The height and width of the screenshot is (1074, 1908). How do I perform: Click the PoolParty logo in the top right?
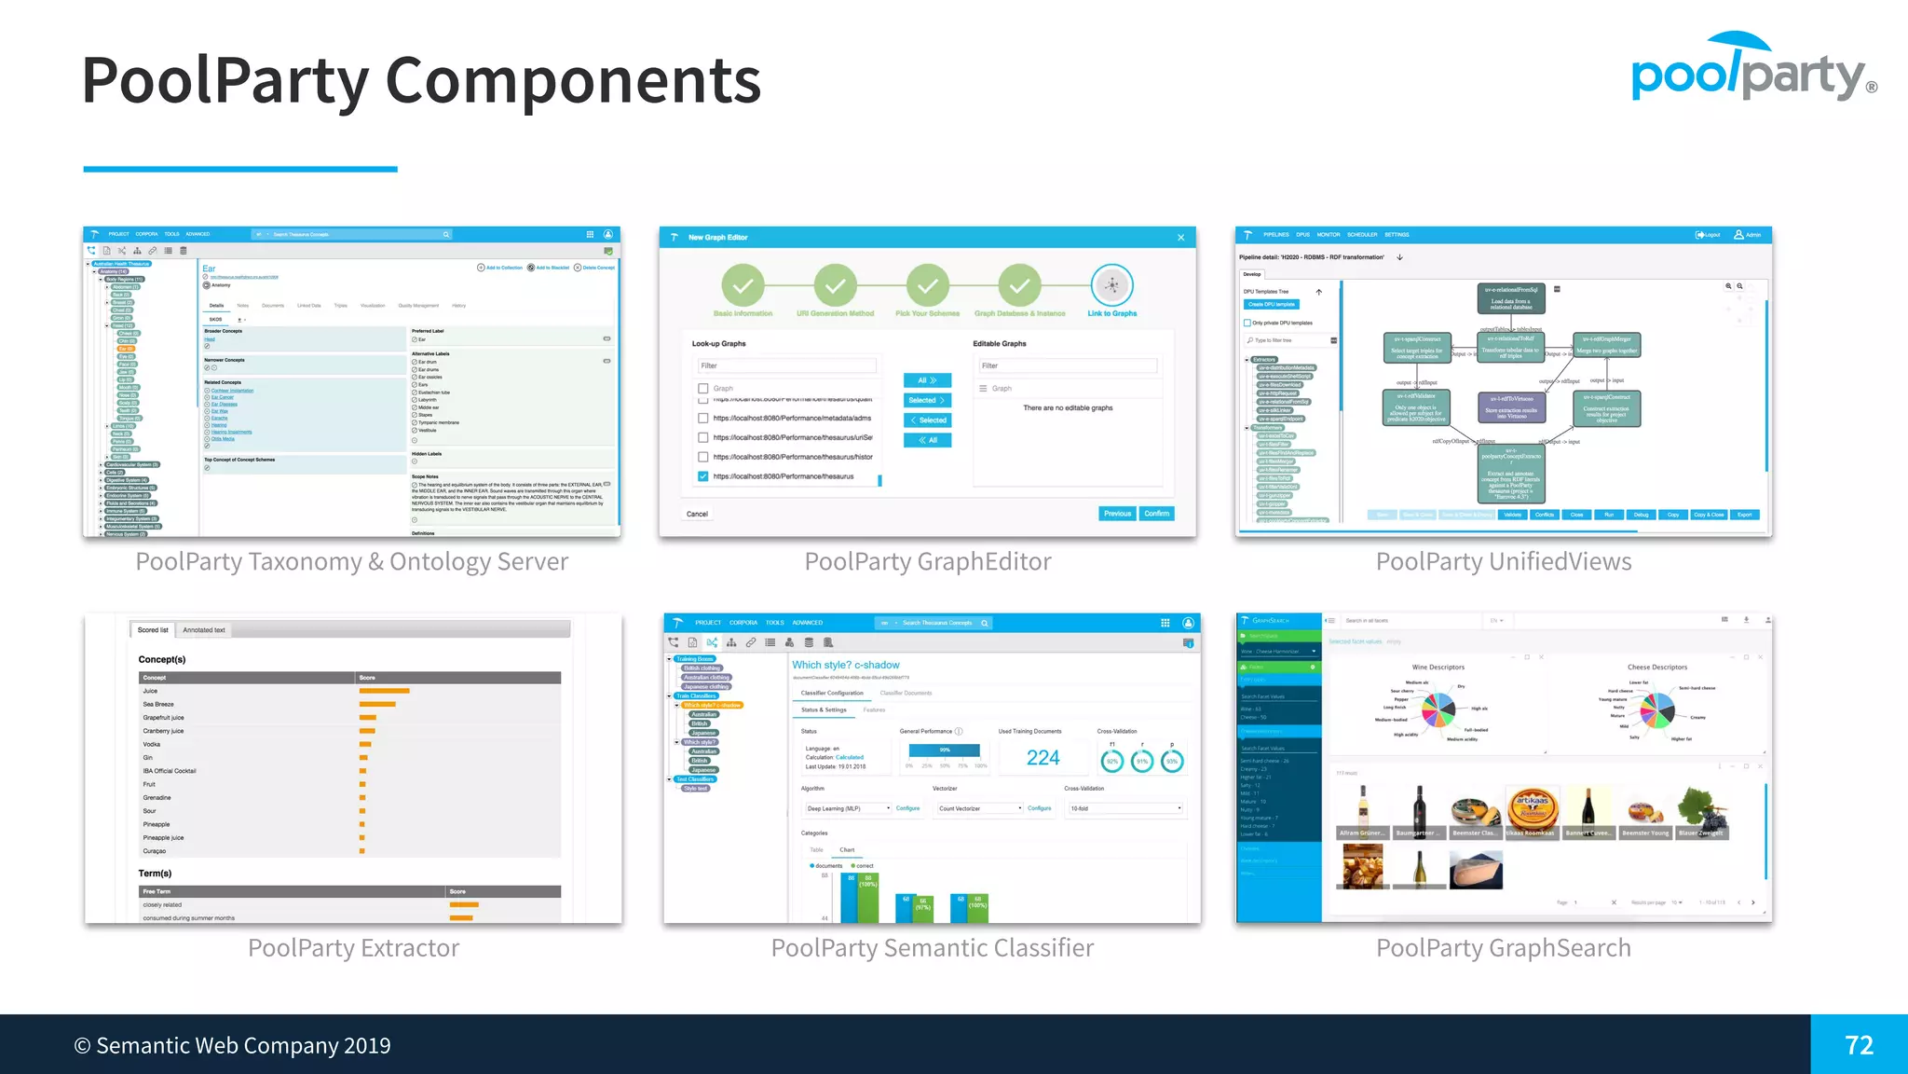(x=1751, y=69)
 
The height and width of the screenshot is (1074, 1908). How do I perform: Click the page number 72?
(x=1859, y=1045)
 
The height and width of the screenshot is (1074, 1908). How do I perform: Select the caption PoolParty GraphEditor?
(x=928, y=561)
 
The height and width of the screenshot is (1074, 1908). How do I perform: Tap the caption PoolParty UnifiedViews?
(x=1504, y=561)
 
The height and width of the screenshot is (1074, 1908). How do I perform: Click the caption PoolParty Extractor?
(x=353, y=948)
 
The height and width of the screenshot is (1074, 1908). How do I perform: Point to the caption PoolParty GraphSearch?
(x=1504, y=948)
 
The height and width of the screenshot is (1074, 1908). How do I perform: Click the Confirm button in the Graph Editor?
(x=1156, y=514)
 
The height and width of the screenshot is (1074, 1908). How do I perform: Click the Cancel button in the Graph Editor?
(x=697, y=515)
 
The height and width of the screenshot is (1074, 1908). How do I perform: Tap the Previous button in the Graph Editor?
(x=1117, y=514)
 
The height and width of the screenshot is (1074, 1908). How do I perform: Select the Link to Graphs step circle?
(x=1111, y=286)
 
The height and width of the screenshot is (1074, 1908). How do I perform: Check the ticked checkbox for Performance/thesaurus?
(x=703, y=476)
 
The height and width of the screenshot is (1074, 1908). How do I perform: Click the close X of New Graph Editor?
(x=1180, y=238)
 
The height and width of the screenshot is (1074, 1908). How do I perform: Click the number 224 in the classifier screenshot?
(x=1043, y=758)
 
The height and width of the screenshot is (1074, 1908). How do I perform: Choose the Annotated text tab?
(x=203, y=630)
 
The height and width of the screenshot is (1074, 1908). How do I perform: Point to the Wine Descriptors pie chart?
(x=1438, y=710)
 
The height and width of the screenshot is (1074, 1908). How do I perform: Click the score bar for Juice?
(x=384, y=691)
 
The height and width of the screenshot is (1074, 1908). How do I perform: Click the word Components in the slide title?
(x=573, y=80)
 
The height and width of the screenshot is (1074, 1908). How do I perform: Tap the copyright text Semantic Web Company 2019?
(x=233, y=1046)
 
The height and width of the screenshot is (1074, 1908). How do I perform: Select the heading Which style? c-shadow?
(x=845, y=665)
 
